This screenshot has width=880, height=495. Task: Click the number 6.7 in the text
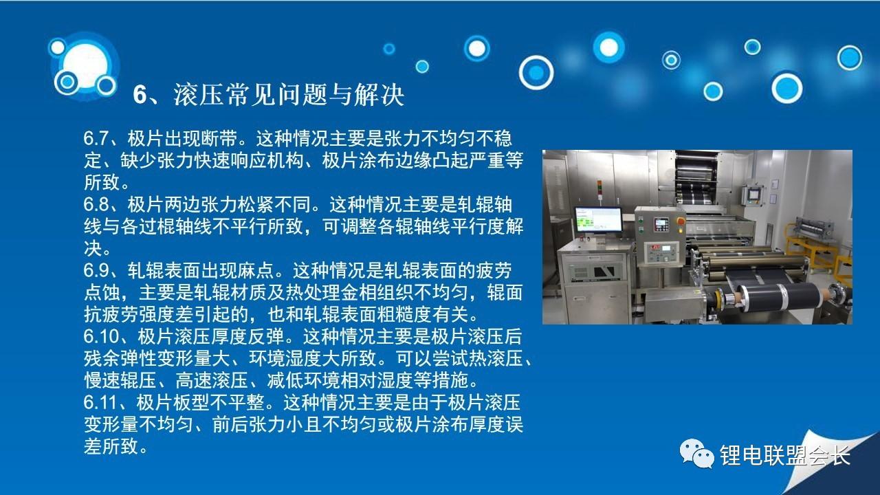click(96, 139)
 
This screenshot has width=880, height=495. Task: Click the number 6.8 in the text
click(96, 205)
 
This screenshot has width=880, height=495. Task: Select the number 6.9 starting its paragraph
click(96, 271)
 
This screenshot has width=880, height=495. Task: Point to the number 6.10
click(101, 337)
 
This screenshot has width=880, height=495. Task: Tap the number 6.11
click(100, 403)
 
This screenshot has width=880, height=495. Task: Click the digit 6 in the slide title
click(140, 95)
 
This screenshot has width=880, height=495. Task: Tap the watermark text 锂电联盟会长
click(784, 455)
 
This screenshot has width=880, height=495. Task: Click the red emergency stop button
click(681, 222)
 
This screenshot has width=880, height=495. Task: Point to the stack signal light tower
click(599, 192)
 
